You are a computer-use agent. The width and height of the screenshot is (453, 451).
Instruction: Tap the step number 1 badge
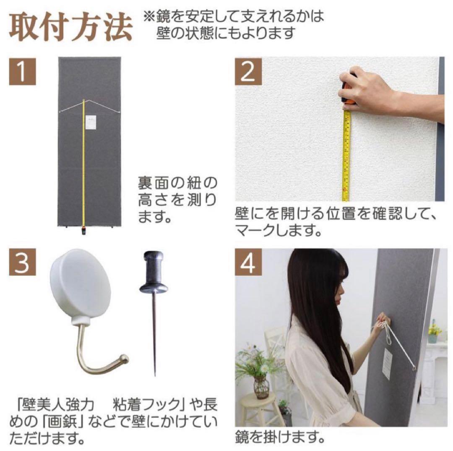pyautogui.click(x=23, y=72)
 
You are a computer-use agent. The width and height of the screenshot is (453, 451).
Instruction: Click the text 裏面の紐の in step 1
pyautogui.click(x=178, y=184)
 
